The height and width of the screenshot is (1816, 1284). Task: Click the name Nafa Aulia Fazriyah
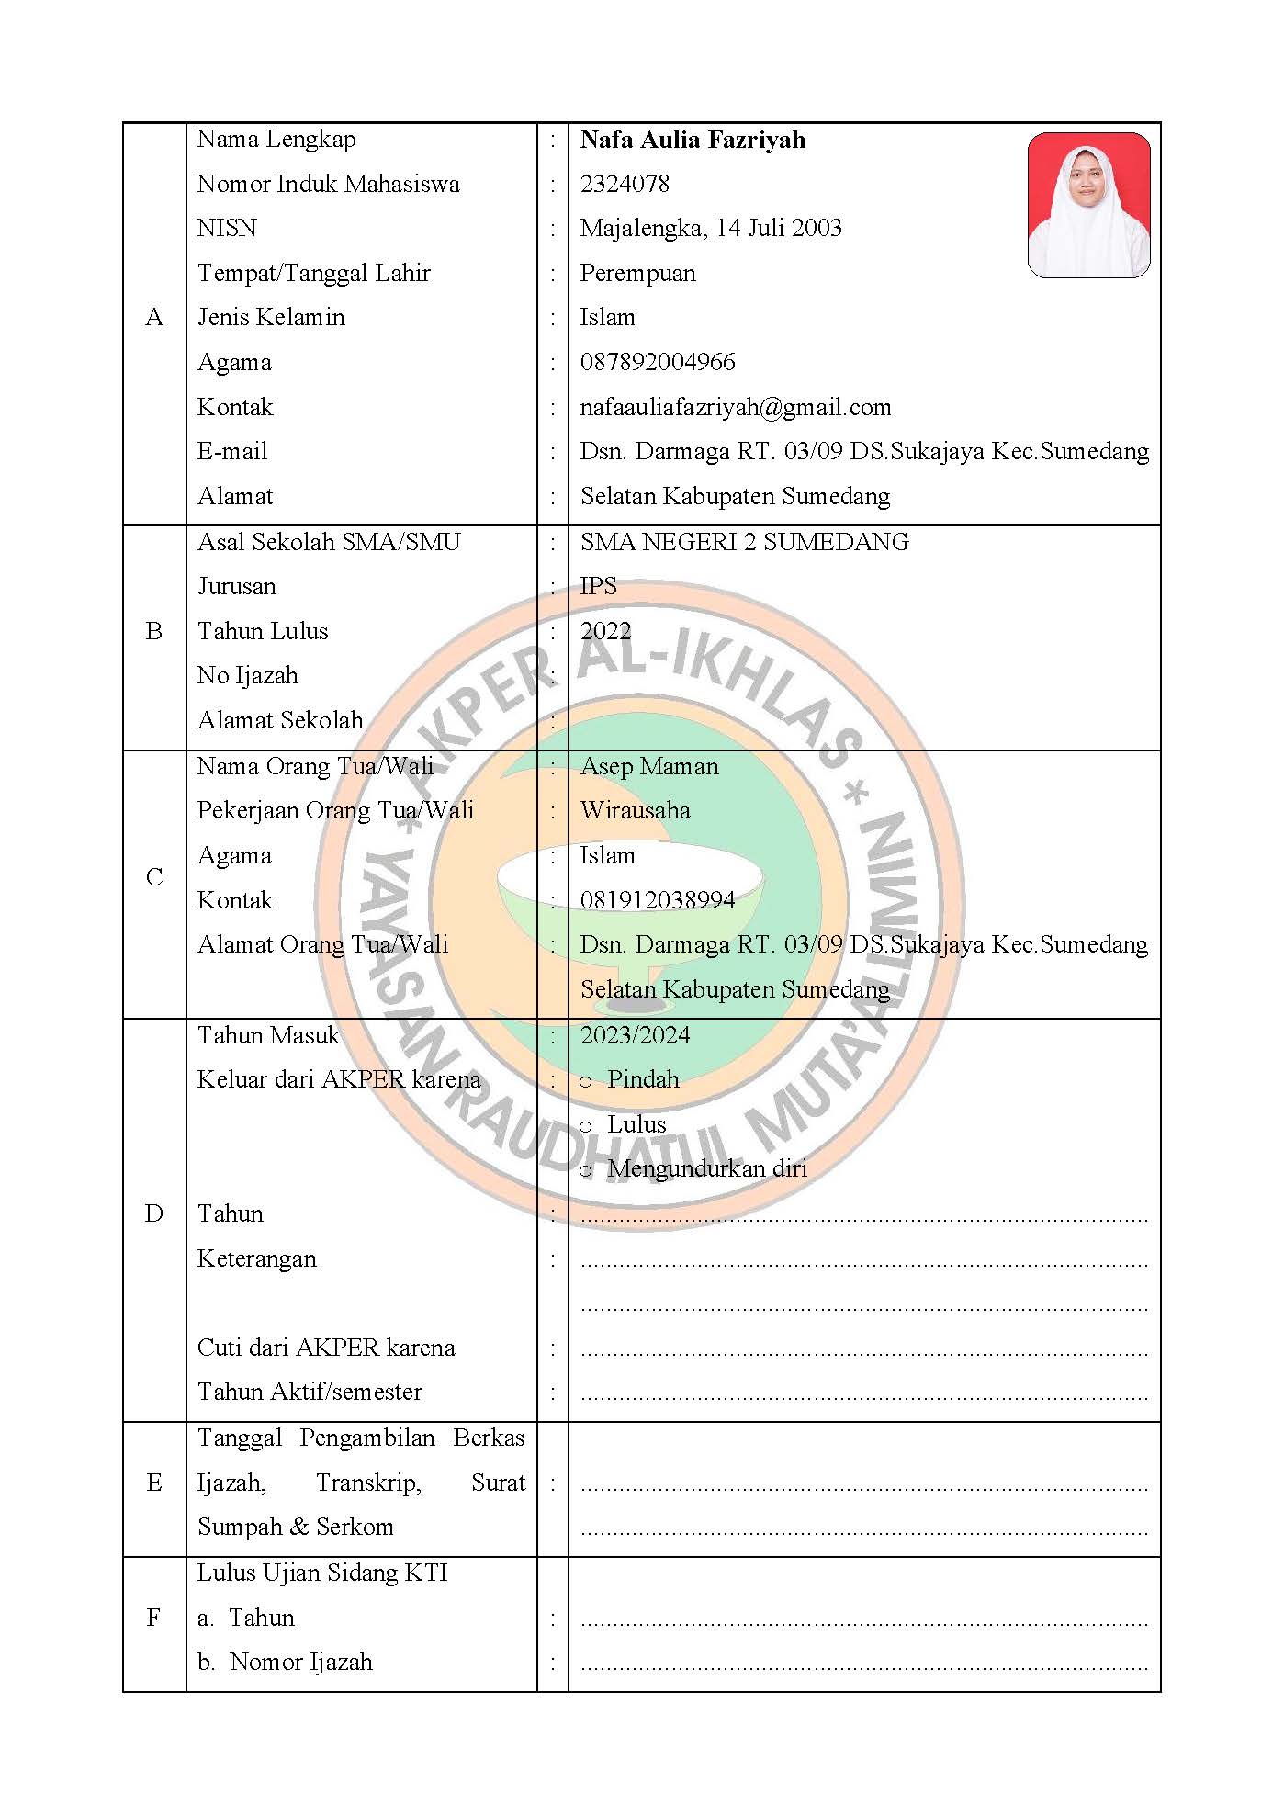click(693, 140)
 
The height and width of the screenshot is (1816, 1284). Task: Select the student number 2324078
click(625, 184)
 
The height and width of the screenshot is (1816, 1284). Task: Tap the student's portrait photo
click(1088, 205)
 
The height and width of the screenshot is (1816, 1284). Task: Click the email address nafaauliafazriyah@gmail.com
click(735, 407)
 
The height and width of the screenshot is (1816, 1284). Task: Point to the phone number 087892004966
click(658, 362)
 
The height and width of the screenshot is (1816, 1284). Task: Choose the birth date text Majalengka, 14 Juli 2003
click(711, 228)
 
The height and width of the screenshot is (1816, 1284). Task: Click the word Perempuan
click(637, 273)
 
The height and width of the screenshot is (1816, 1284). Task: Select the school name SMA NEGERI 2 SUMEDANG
click(744, 542)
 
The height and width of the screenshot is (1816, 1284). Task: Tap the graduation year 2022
click(605, 631)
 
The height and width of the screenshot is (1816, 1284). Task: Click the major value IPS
click(598, 586)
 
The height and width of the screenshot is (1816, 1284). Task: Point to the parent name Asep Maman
click(649, 766)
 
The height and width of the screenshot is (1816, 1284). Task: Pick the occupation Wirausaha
click(635, 810)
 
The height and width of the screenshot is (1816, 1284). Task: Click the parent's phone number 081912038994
click(658, 900)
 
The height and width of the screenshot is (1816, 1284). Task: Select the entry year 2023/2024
click(635, 1035)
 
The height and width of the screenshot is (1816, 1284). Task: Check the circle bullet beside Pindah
click(586, 1082)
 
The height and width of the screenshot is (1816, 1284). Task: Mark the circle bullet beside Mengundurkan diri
click(586, 1171)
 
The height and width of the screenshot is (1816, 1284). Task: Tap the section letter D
click(154, 1213)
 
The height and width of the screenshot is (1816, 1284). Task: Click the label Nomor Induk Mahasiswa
click(328, 184)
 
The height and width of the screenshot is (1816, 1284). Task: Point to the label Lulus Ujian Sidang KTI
click(322, 1573)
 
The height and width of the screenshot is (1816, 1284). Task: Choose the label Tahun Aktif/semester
click(310, 1392)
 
